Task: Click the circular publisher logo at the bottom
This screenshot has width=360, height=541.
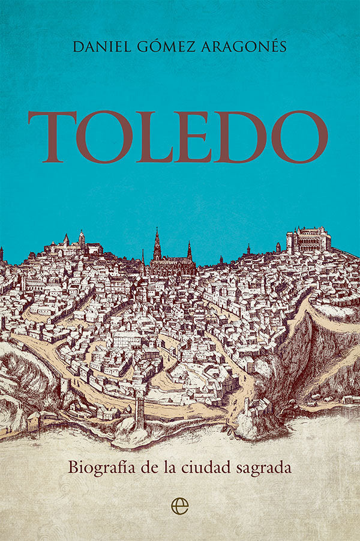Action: coord(180,506)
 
